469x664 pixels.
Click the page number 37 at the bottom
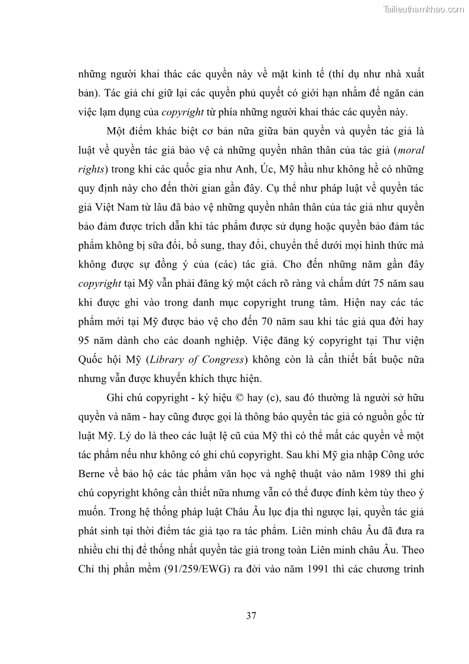(250, 616)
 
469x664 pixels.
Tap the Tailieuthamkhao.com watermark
(424, 9)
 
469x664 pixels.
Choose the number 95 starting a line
(84, 341)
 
